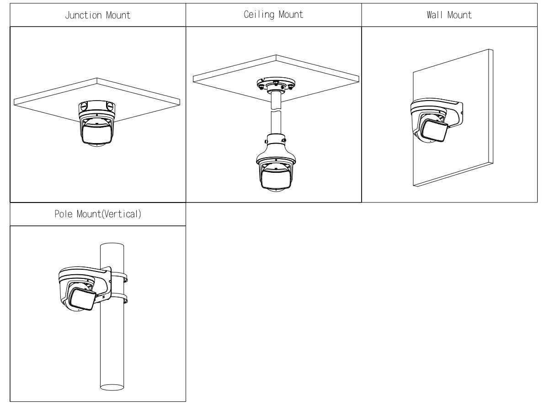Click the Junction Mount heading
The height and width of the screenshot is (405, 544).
pyautogui.click(x=97, y=15)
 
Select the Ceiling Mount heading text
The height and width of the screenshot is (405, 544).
pyautogui.click(x=273, y=14)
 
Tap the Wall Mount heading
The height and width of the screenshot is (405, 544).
pyautogui.click(x=449, y=15)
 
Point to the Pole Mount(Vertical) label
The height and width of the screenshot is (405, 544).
pyautogui.click(x=97, y=214)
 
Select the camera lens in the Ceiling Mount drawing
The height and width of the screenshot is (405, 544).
pyautogui.click(x=273, y=179)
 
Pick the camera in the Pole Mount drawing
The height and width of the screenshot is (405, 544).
pyautogui.click(x=80, y=293)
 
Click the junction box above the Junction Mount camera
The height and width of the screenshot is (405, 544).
pyautogui.click(x=96, y=107)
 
